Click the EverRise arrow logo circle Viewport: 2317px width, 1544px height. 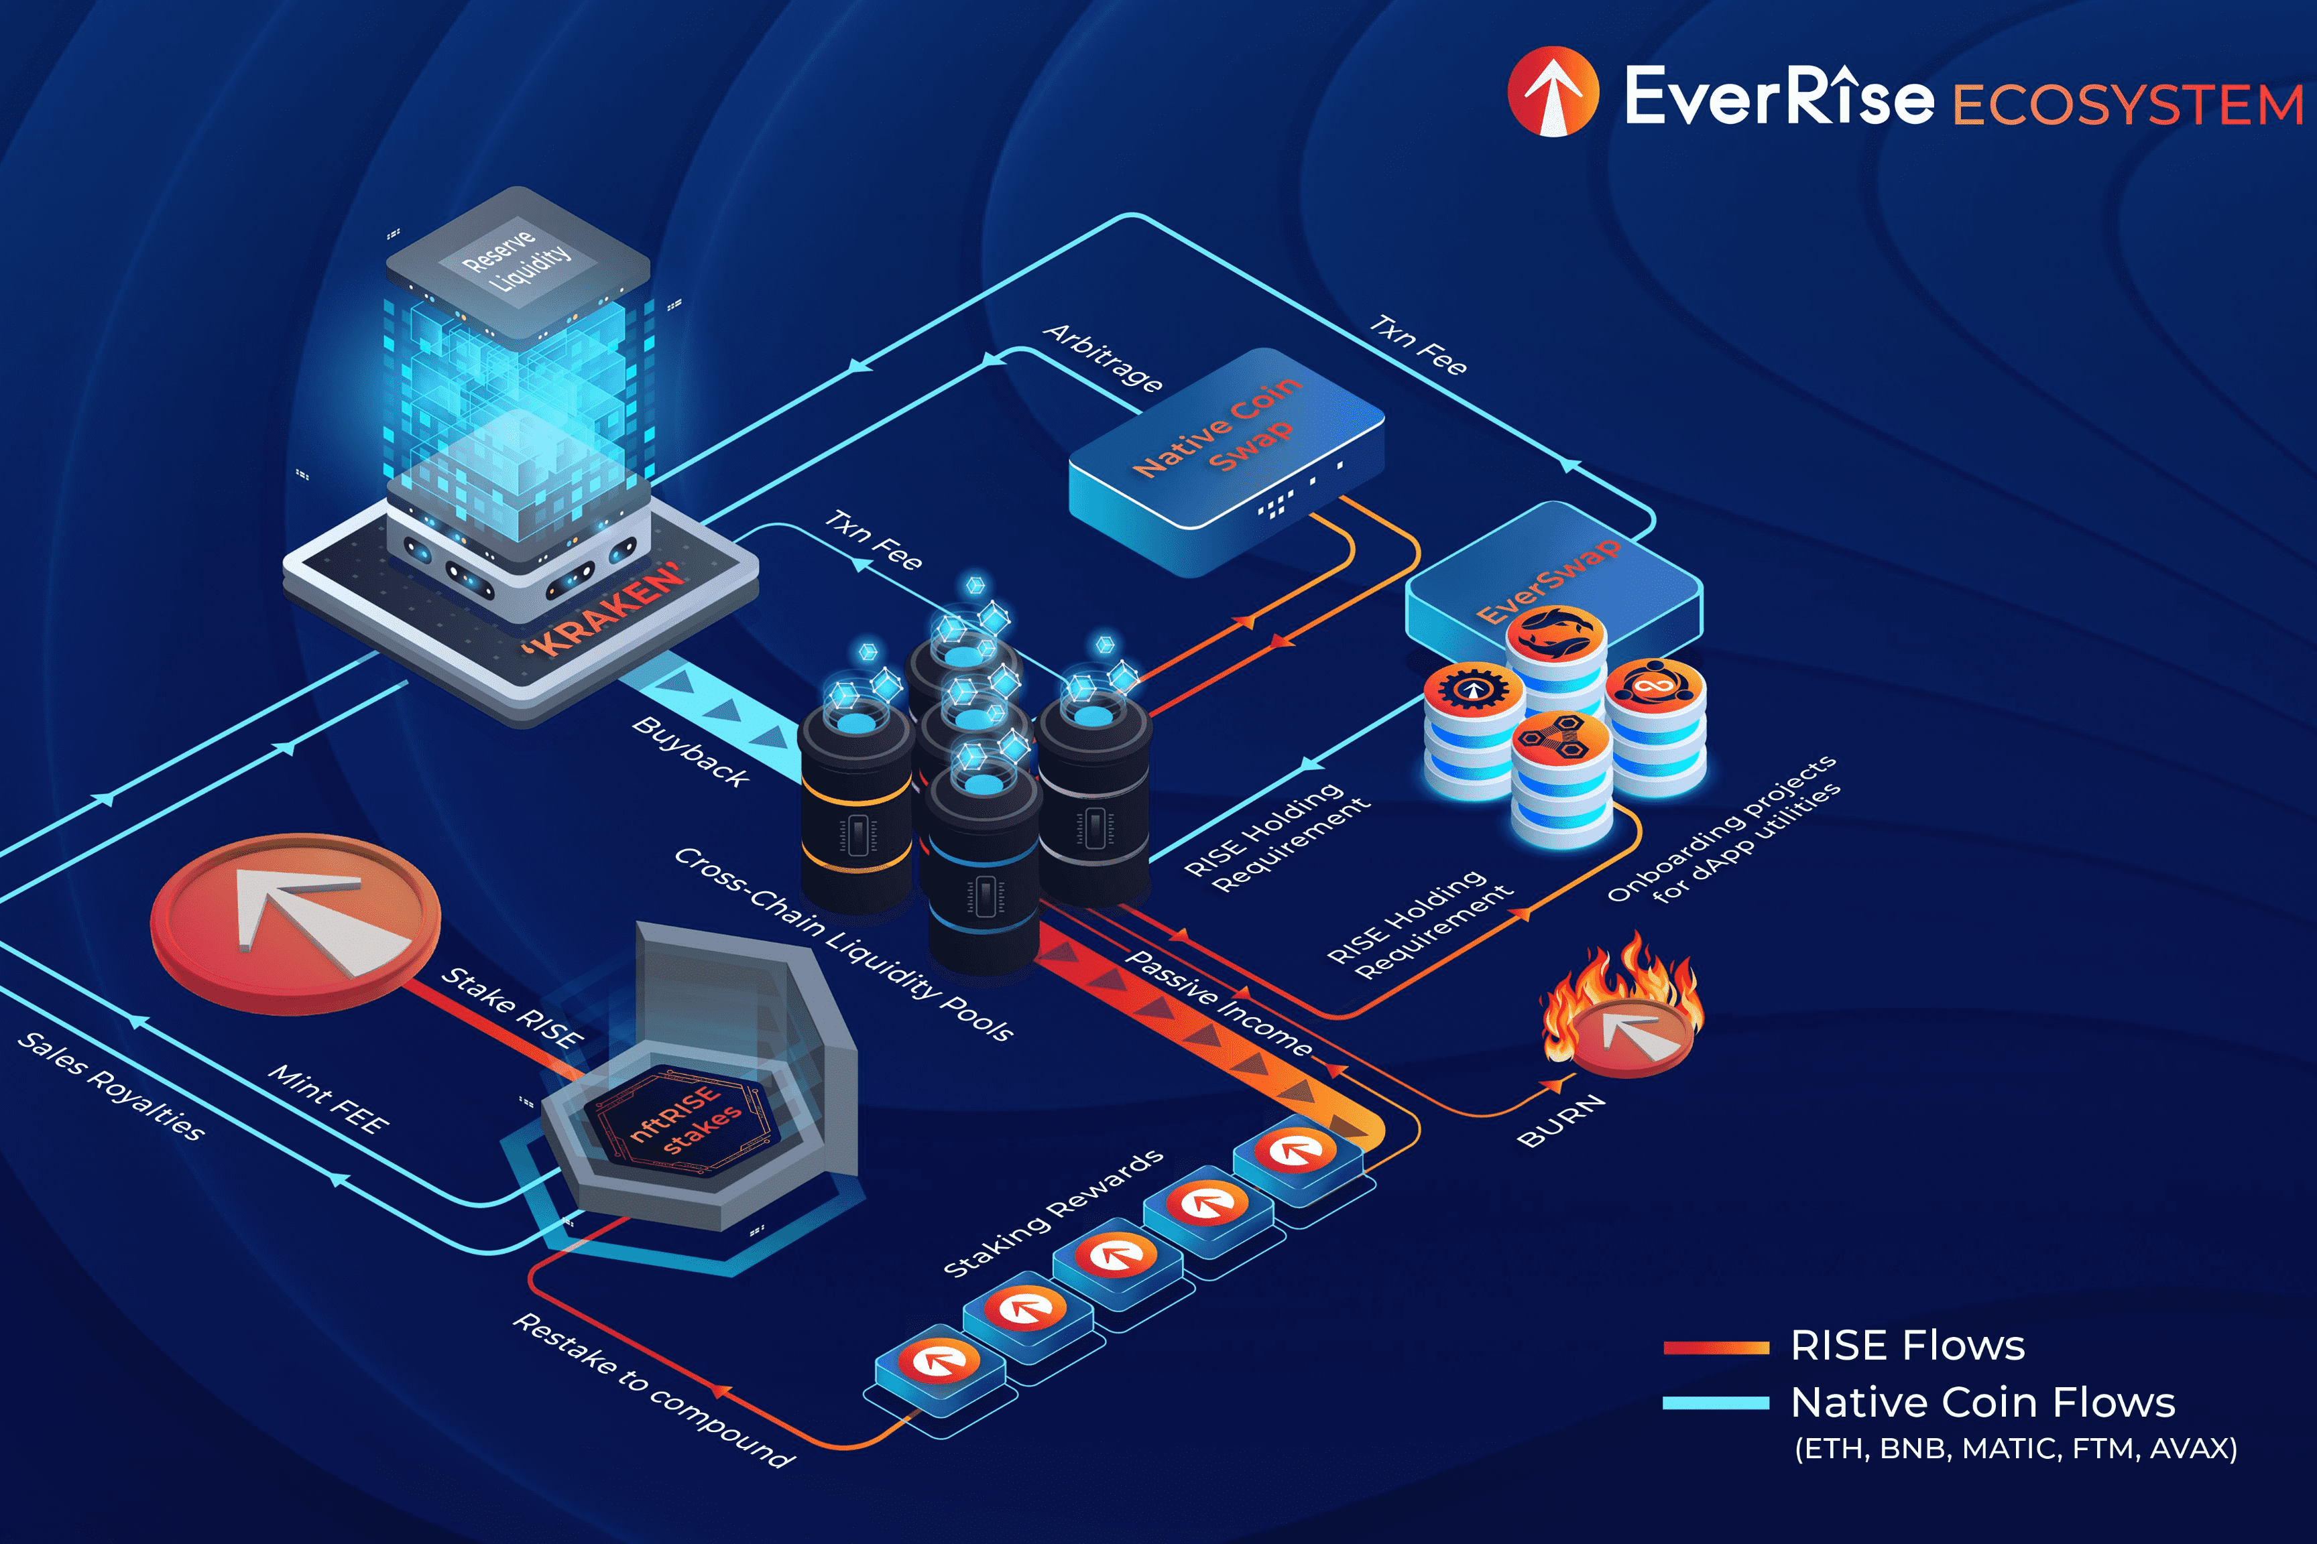point(1553,92)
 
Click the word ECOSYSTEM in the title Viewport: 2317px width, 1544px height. point(2127,105)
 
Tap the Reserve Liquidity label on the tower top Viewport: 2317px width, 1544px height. point(516,258)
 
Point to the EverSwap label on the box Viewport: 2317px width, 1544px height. point(1547,581)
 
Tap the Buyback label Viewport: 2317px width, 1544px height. point(691,751)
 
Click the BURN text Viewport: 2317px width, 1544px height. point(1561,1122)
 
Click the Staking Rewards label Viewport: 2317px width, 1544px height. point(1052,1213)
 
